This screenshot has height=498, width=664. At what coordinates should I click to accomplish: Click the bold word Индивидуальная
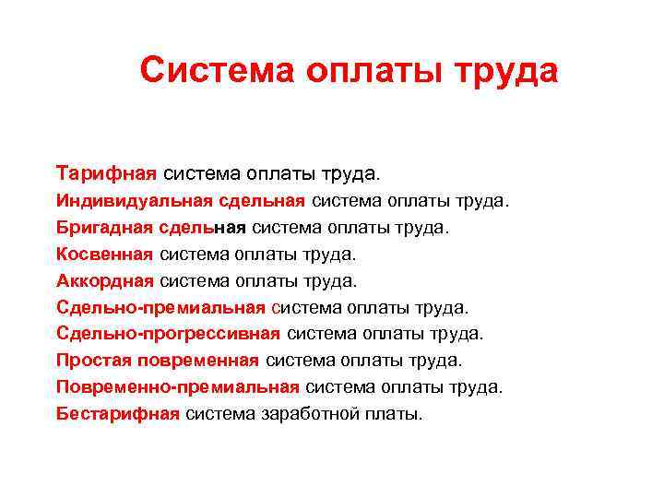135,200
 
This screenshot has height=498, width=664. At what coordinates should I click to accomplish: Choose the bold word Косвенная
104,254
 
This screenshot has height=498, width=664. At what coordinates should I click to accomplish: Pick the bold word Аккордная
104,280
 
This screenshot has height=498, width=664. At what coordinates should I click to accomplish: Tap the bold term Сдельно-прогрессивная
168,334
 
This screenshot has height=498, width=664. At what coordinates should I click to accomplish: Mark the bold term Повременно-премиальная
177,387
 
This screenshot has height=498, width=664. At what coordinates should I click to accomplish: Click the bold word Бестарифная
117,414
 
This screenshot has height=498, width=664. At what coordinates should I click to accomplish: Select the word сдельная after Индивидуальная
262,200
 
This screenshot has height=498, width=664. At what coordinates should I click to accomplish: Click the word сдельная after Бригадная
202,227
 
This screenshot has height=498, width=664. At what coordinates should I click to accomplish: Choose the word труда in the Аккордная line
327,280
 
